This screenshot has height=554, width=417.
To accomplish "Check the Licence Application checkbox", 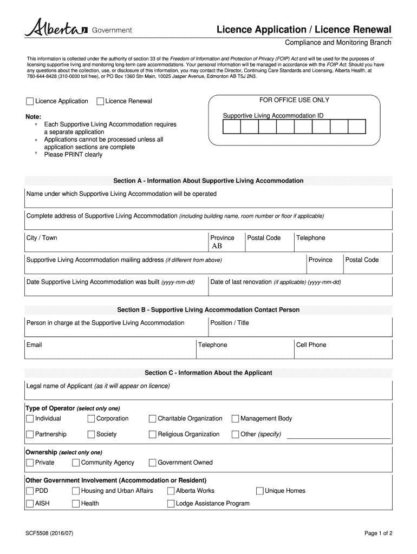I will (29, 101).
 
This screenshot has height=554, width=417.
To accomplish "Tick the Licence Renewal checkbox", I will (100, 101).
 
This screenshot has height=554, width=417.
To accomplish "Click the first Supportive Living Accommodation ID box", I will (231, 127).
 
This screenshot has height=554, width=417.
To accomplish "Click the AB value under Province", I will (217, 246).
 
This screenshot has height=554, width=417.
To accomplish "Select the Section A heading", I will (208, 181).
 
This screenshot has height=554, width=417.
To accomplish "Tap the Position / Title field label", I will (230, 323).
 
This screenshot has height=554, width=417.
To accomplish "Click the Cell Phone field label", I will (311, 345).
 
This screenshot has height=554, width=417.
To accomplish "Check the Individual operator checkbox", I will (29, 419).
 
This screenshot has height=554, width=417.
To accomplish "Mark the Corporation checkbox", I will (91, 419).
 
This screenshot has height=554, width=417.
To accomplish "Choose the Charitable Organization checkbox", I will (152, 419).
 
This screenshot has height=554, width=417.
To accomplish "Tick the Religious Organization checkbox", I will (152, 434).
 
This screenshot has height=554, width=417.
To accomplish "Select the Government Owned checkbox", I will (152, 463).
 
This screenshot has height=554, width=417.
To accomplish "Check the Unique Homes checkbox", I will (259, 491).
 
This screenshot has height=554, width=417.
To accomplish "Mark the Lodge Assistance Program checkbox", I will (171, 504).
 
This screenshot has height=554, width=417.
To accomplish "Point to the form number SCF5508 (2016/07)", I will (49, 533).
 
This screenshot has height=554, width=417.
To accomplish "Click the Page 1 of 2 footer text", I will (378, 533).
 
